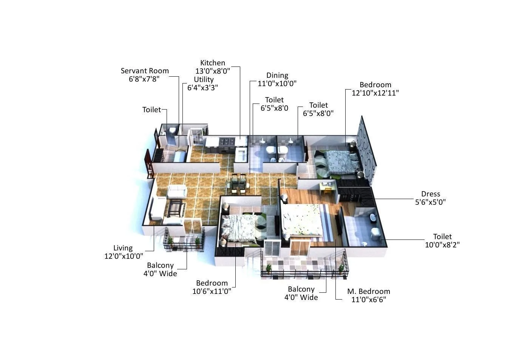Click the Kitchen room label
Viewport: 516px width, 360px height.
(x=213, y=63)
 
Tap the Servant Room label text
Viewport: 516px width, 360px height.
(x=145, y=71)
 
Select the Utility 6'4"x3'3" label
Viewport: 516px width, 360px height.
(x=203, y=83)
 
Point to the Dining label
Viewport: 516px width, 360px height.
(x=277, y=76)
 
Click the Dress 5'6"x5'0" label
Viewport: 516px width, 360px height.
(x=430, y=198)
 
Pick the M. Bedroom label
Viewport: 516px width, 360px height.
(x=368, y=291)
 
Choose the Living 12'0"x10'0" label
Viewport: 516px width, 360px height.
(x=124, y=252)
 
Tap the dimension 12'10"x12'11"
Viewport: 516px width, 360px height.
(x=375, y=93)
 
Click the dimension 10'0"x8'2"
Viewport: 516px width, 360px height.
(x=442, y=245)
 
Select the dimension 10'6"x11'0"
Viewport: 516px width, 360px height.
(x=212, y=291)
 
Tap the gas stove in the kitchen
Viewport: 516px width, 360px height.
(x=227, y=142)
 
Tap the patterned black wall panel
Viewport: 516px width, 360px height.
(x=366, y=145)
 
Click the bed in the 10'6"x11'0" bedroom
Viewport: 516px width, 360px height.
(x=238, y=226)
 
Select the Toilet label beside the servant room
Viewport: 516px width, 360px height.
(x=151, y=110)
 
